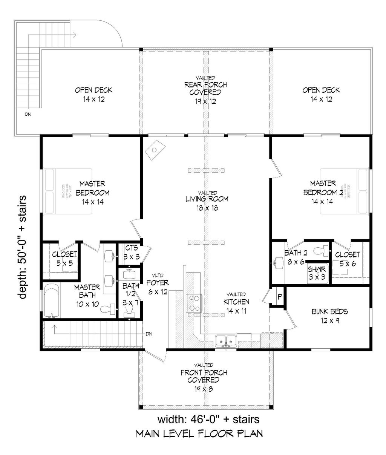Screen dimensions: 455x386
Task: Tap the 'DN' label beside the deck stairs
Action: click(28, 114)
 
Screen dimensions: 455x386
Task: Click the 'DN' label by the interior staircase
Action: click(150, 334)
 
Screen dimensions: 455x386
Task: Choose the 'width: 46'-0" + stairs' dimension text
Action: click(208, 419)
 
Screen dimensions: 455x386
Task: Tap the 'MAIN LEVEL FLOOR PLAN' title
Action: click(199, 434)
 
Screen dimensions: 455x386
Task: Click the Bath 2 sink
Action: click(278, 261)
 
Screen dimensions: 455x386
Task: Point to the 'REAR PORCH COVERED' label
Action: click(205, 89)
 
